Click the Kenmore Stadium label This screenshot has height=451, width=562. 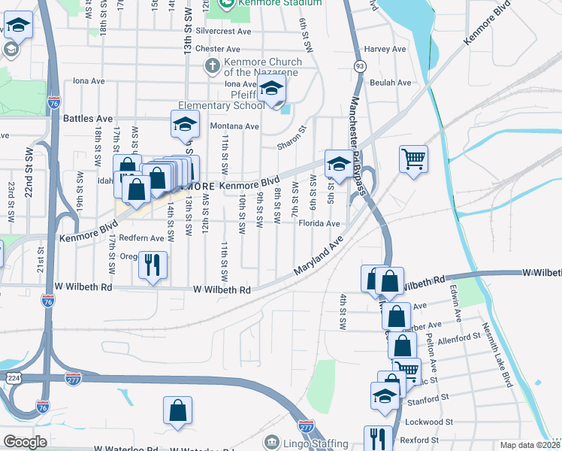click(279, 3)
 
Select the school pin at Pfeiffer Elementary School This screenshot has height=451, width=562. click(272, 91)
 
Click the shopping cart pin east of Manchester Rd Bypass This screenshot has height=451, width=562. click(412, 159)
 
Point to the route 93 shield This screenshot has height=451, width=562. click(361, 67)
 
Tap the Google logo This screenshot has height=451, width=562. click(26, 442)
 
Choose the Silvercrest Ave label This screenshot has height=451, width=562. click(222, 32)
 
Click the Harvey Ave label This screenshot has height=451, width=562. click(379, 49)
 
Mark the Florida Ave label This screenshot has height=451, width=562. click(319, 223)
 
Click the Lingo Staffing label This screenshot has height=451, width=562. click(316, 443)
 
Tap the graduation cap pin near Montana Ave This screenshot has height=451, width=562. click(184, 125)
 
